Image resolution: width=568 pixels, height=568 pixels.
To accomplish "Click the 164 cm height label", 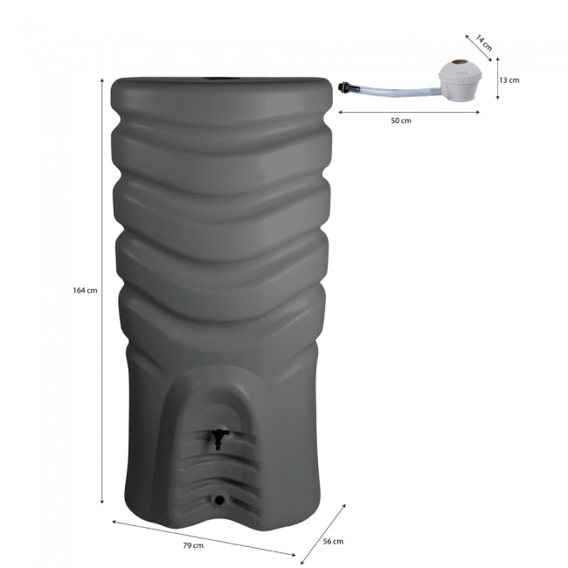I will click(85, 291).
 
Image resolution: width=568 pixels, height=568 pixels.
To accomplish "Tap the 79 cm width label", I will click(194, 546).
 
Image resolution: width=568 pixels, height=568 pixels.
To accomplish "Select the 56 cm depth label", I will click(333, 542).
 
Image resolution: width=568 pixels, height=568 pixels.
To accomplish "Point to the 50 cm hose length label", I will click(401, 121).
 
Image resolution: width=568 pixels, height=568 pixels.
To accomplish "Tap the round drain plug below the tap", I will click(218, 500).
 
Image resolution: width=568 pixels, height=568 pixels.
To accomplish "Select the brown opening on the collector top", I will click(461, 67).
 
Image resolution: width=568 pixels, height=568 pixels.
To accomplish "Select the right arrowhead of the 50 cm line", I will click(477, 112).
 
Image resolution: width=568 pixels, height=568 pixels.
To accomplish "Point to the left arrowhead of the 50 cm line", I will click(339, 112).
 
